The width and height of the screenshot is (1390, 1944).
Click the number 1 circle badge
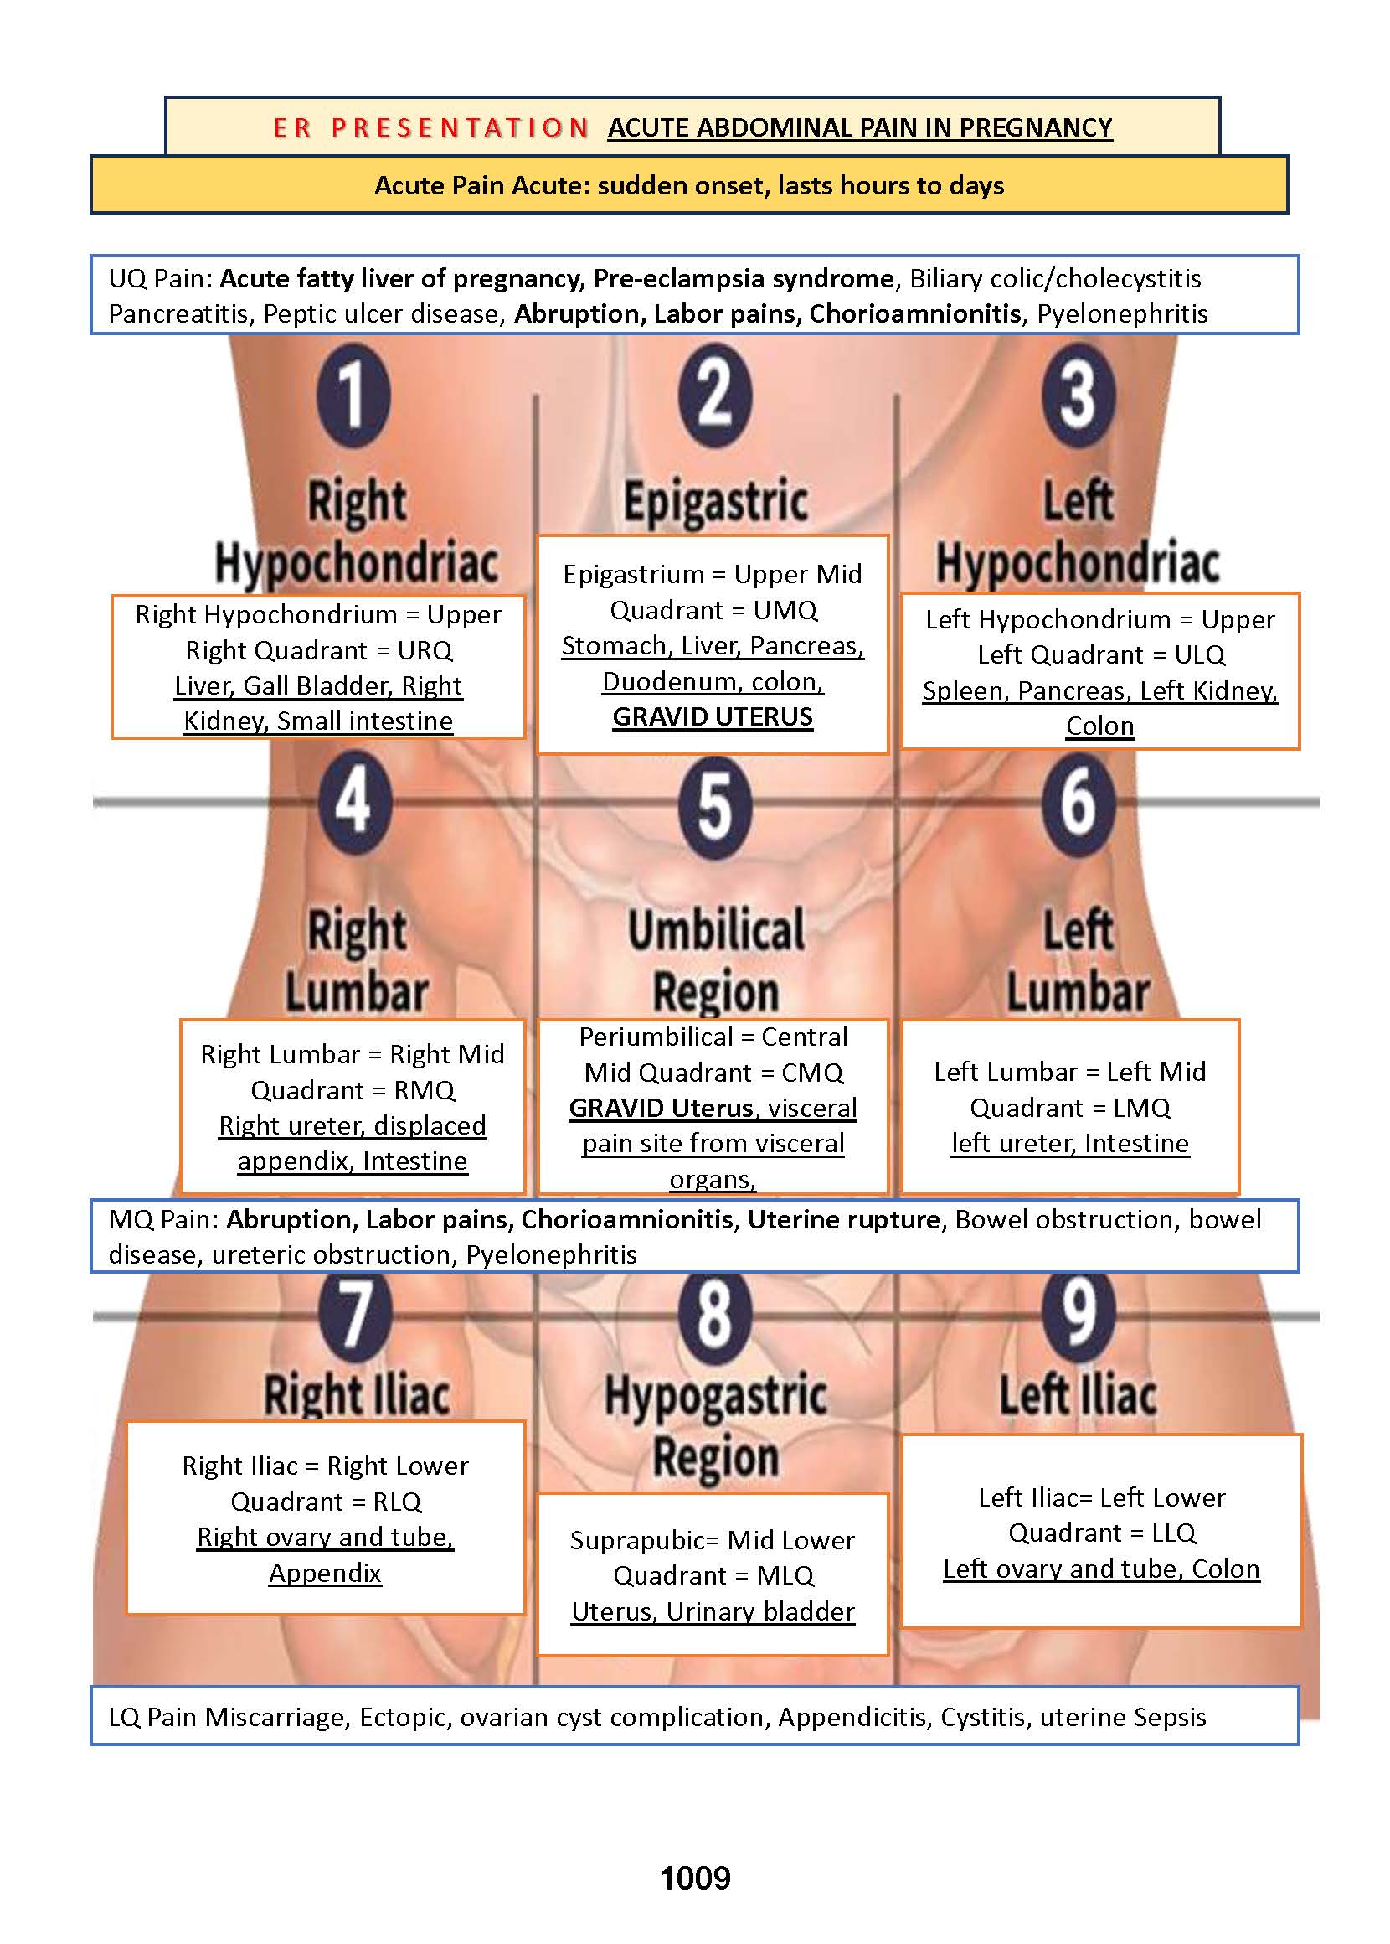pos(353,396)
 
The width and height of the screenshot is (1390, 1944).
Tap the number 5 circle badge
pos(715,807)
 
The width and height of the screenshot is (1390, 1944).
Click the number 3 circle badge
pos(1078,396)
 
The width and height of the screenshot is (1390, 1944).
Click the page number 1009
pos(695,1878)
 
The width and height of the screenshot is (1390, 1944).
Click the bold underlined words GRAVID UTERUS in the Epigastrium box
pos(712,716)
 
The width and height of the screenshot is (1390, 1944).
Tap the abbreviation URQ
pos(425,650)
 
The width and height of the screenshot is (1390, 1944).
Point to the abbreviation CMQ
pos(812,1073)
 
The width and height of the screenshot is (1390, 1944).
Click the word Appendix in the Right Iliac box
pos(325,1572)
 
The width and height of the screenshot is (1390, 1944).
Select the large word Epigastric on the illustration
pos(716,502)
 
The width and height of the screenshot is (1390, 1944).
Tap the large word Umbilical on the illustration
pos(716,930)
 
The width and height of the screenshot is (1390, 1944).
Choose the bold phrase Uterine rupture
pos(843,1218)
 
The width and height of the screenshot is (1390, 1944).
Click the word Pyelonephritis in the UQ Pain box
pos(1122,313)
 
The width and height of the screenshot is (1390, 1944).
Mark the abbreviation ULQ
pos(1199,654)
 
